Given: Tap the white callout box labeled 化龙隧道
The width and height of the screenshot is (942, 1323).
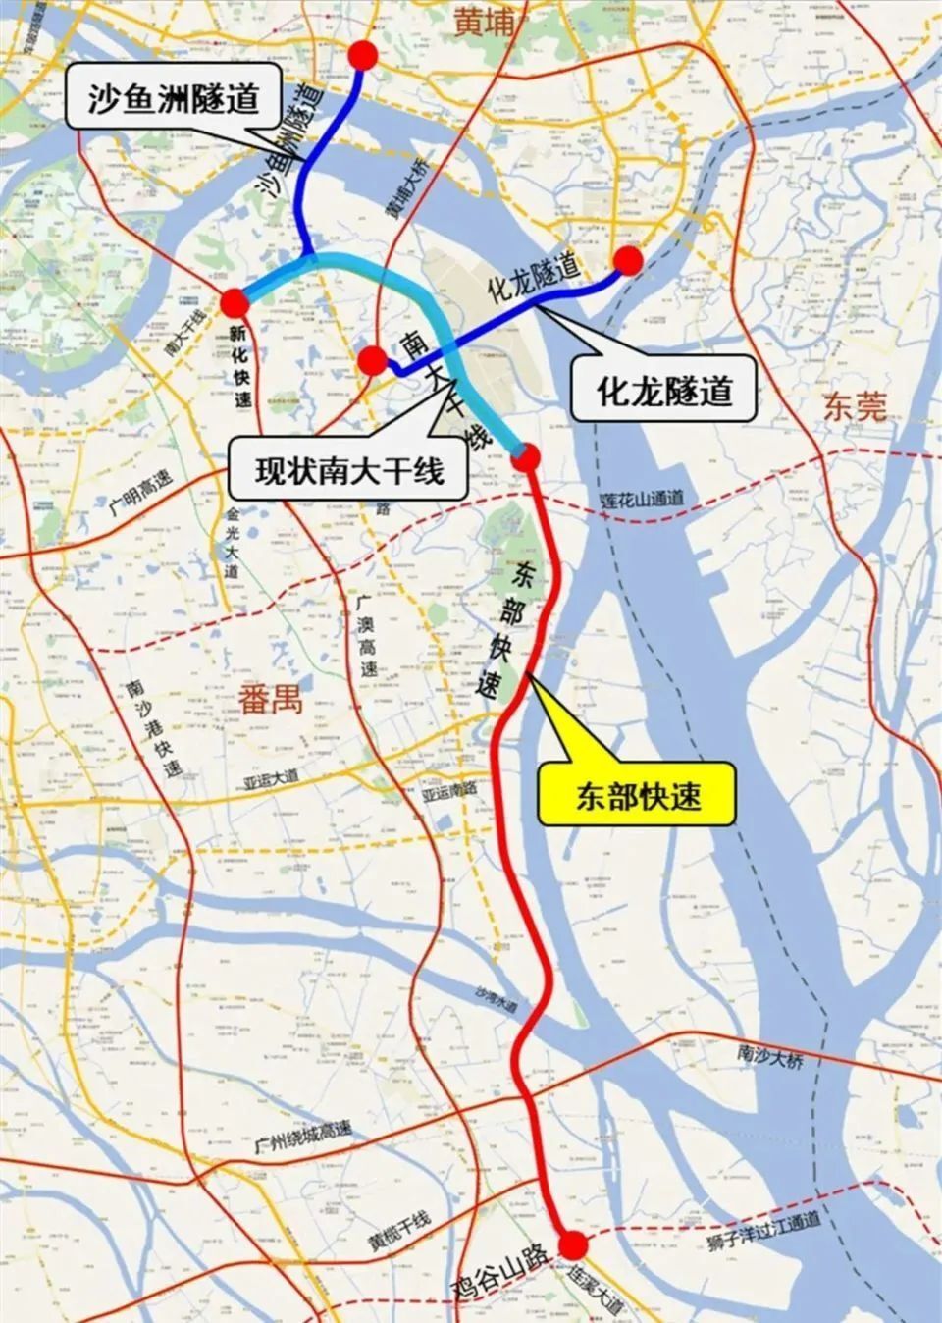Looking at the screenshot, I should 664,391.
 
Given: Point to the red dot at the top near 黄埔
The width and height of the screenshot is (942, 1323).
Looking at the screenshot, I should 363,57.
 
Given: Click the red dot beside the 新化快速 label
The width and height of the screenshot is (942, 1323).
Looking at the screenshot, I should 233,302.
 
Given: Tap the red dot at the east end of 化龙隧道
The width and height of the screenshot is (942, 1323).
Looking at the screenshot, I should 628,259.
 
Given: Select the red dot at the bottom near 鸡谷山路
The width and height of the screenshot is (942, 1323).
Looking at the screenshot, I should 573,1246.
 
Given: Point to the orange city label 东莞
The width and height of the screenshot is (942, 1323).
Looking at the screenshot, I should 856,406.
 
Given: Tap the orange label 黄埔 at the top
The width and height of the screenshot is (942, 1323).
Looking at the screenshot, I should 484,22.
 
